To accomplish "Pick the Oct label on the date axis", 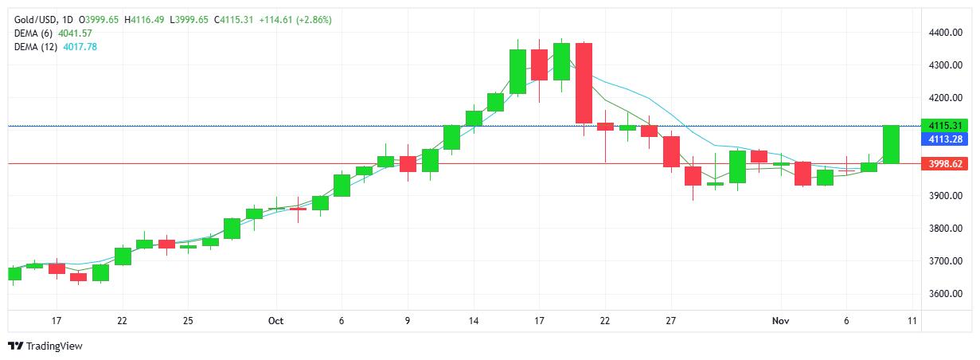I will pyautogui.click(x=275, y=321).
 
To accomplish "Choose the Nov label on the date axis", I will pyautogui.click(x=780, y=321).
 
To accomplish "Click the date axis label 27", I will pyautogui.click(x=671, y=321).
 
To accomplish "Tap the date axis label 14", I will pyautogui.click(x=473, y=321).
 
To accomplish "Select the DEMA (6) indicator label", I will pyautogui.click(x=35, y=33).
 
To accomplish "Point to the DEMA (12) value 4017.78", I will pyautogui.click(x=80, y=47).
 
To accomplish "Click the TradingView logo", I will pyautogui.click(x=45, y=346).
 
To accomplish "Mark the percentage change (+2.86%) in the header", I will pyautogui.click(x=314, y=19).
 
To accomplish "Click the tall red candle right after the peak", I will pyautogui.click(x=584, y=83).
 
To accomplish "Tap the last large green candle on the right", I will pyautogui.click(x=891, y=144).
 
